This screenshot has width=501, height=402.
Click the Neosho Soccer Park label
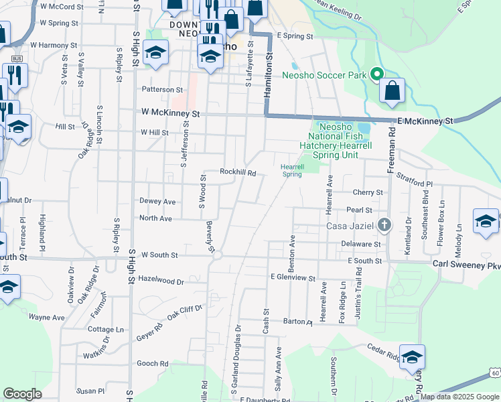325,75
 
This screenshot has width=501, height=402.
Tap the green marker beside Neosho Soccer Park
376,74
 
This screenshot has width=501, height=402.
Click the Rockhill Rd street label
238,172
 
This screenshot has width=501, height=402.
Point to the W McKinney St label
171,114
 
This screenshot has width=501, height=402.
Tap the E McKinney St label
425,121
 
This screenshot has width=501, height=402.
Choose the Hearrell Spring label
292,170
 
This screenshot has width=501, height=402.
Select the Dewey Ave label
157,201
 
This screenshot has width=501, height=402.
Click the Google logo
23,394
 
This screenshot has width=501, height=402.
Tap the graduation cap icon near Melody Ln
486,221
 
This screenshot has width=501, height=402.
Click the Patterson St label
161,89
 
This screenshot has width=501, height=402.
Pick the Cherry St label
369,192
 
